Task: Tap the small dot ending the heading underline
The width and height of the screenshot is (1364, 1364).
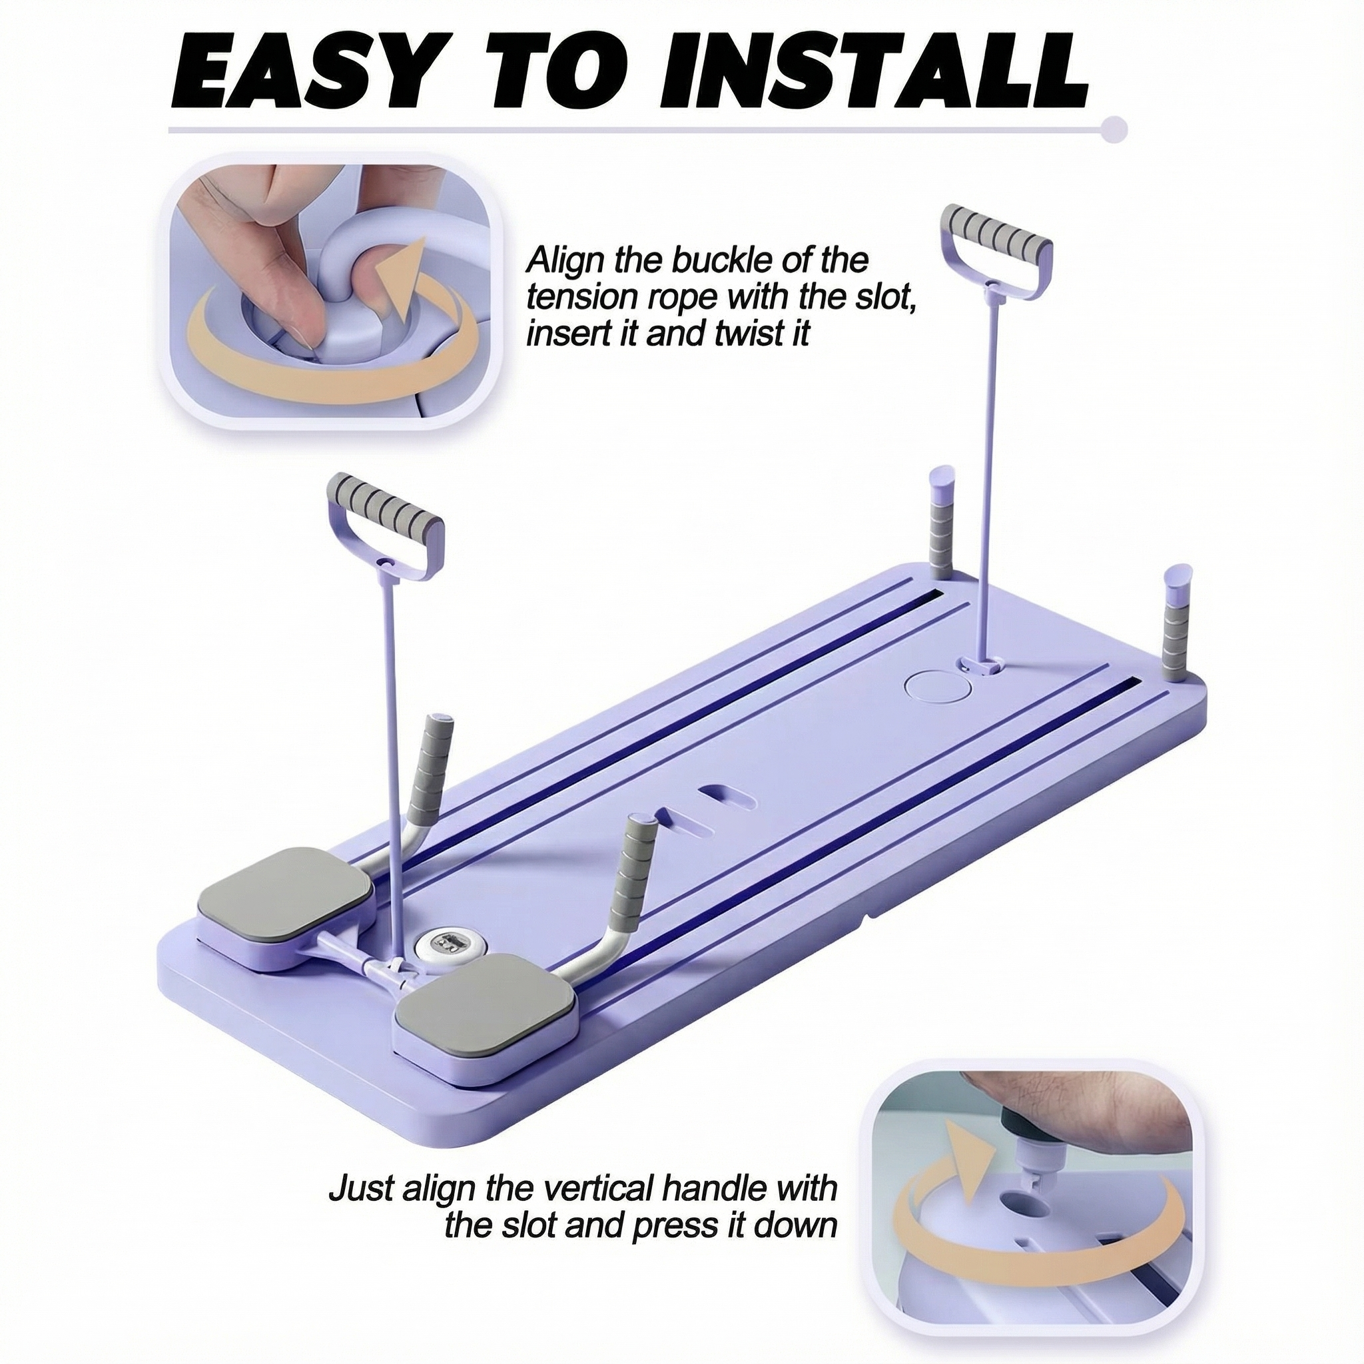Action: [1116, 130]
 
